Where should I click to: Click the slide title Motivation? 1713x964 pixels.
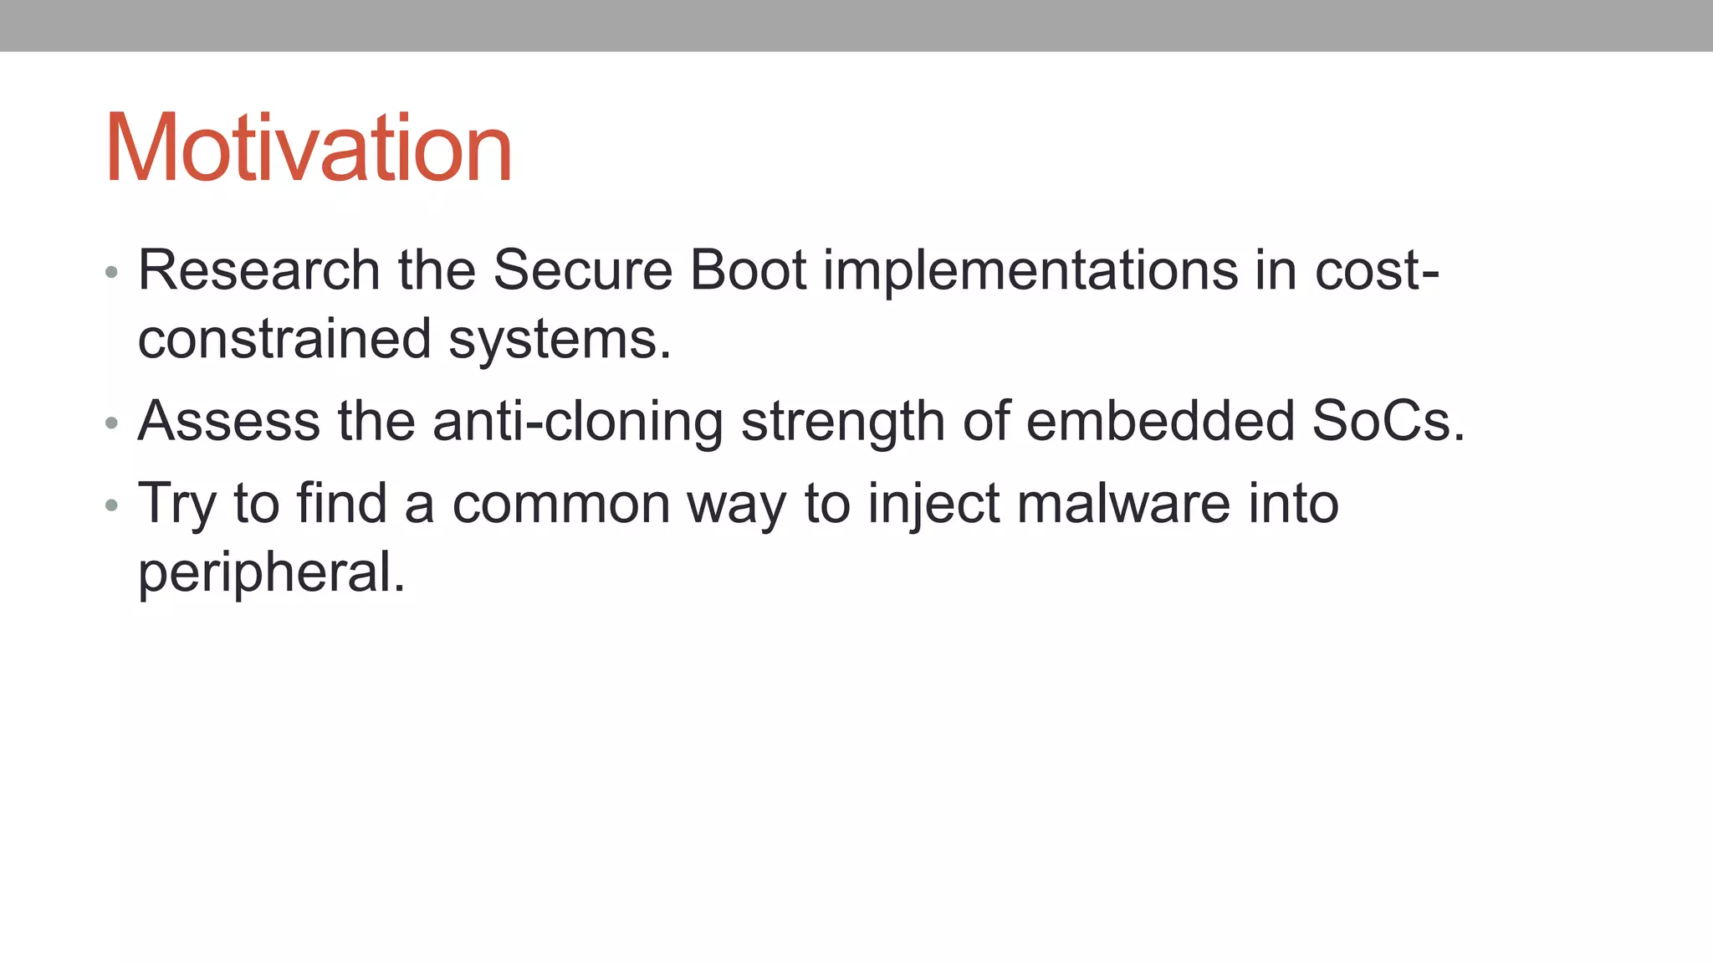click(x=308, y=148)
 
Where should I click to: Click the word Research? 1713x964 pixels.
click(x=259, y=270)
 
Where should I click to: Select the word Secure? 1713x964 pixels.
click(x=582, y=270)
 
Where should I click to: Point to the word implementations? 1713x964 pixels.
click(x=1030, y=272)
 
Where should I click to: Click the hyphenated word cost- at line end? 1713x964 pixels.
click(x=1377, y=270)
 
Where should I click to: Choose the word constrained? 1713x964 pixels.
click(x=284, y=339)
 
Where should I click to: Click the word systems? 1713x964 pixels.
click(x=560, y=341)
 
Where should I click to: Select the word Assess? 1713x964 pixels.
click(x=228, y=420)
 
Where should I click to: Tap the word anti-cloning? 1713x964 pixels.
click(x=578, y=421)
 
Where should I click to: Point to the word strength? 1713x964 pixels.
click(x=843, y=422)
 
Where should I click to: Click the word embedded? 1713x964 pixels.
click(x=1159, y=420)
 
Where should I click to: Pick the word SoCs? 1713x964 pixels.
click(x=1388, y=420)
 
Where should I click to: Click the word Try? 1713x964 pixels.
click(x=176, y=504)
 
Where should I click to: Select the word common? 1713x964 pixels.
click(x=561, y=505)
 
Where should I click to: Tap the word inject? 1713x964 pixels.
click(x=933, y=505)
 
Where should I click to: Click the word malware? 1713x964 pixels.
click(x=1123, y=504)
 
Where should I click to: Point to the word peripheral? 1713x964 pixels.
click(x=271, y=573)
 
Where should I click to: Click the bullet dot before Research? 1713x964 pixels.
click(x=111, y=273)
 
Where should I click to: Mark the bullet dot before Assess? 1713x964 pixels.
click(x=111, y=423)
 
